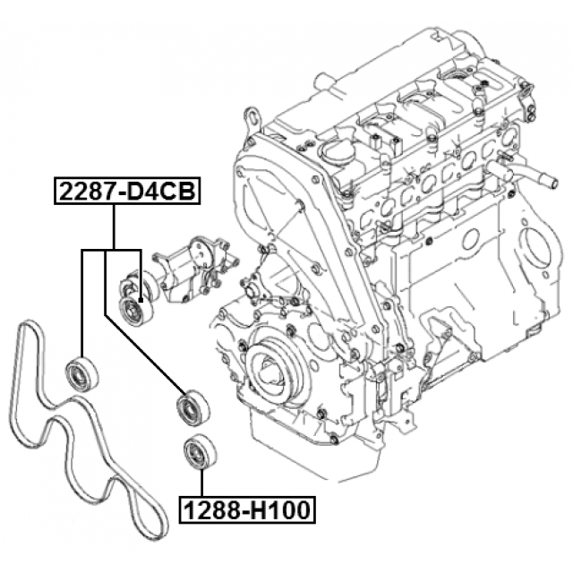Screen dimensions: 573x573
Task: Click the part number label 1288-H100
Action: pos(246,511)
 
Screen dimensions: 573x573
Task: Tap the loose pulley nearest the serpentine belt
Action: pos(83,373)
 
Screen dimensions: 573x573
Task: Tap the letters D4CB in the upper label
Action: pos(161,192)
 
